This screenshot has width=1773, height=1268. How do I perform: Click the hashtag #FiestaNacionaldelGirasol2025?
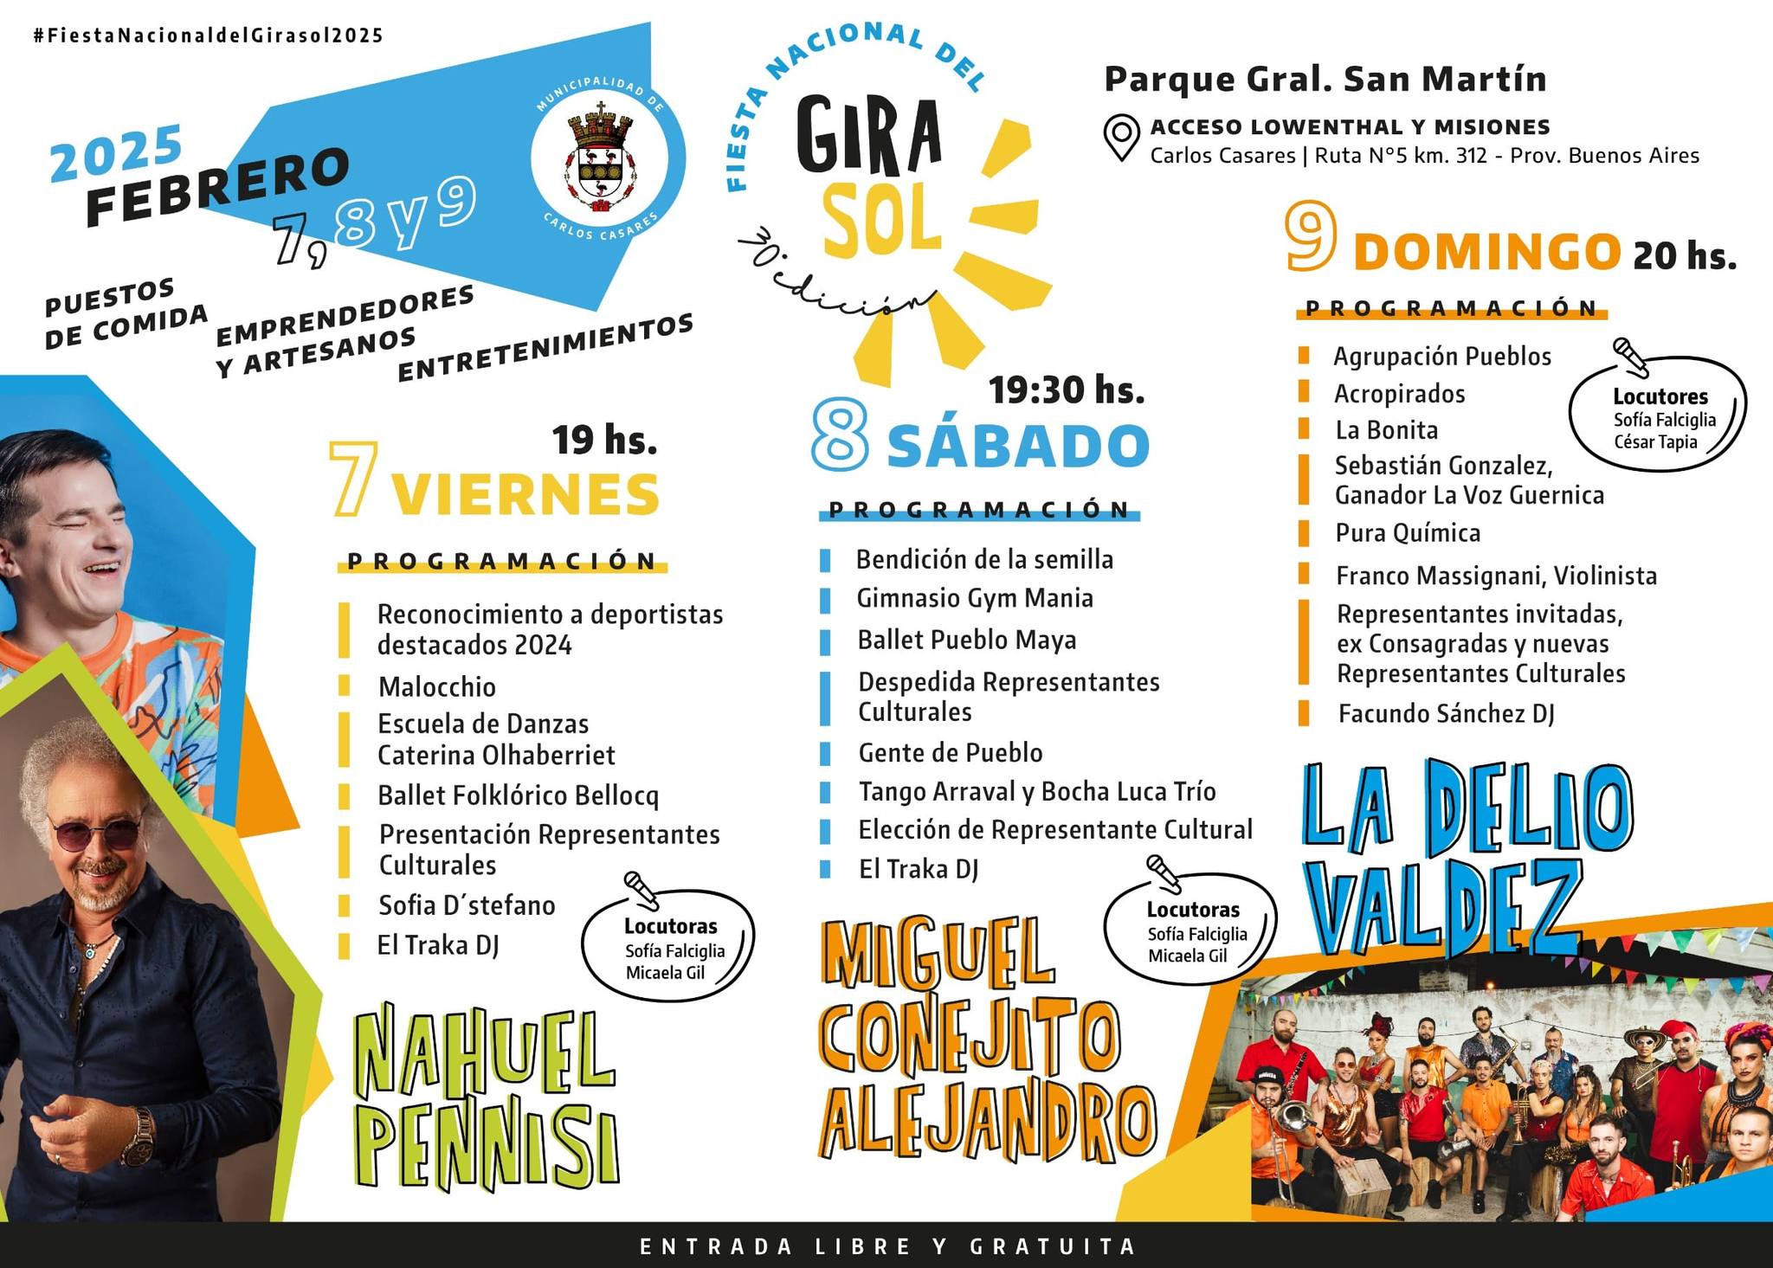(208, 35)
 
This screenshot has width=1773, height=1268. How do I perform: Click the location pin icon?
(1121, 138)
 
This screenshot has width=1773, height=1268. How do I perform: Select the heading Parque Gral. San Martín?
(1325, 79)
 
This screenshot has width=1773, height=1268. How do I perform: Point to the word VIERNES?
(525, 495)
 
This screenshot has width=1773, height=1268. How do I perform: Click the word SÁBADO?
(1018, 447)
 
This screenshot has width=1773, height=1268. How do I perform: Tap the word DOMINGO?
(1486, 252)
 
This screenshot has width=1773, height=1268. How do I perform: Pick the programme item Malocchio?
(437, 687)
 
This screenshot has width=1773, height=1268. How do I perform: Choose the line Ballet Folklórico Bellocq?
(518, 795)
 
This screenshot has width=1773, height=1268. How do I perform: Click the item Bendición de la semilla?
(984, 560)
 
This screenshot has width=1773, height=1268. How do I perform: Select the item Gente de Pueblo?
(950, 753)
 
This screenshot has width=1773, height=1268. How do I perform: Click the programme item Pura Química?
(1408, 533)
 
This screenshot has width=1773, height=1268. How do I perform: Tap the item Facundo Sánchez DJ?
(1446, 714)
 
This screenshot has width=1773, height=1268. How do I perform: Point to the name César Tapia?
(1654, 442)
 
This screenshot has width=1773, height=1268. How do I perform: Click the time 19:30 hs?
(1067, 390)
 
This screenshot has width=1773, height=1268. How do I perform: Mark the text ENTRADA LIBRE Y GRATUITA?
(887, 1246)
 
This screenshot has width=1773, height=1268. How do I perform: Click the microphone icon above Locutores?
(1630, 356)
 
